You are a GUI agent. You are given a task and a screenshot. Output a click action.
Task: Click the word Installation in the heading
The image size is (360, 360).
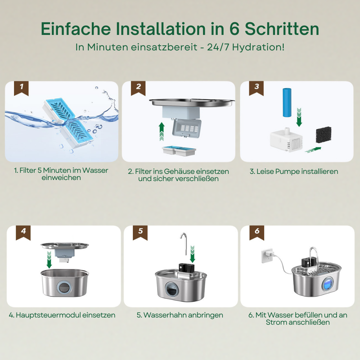click(x=160, y=29)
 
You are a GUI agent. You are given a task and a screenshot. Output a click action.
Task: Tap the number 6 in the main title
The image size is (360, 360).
click(x=234, y=29)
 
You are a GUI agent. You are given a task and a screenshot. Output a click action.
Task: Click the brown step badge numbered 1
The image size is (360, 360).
click(x=21, y=88)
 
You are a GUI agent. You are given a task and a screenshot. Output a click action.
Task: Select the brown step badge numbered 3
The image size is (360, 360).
click(x=256, y=88)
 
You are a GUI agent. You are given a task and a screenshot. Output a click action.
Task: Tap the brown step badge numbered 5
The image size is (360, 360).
click(x=140, y=233)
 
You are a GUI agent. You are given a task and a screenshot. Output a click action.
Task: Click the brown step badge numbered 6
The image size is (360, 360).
click(x=257, y=233)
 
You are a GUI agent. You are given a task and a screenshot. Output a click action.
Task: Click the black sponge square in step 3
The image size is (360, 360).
click(x=324, y=135)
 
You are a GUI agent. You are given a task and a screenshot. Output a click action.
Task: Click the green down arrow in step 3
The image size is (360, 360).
click(x=299, y=117)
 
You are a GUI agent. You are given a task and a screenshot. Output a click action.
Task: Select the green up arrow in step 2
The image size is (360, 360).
click(x=162, y=131)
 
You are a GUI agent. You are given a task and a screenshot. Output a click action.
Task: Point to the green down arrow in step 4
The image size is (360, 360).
click(x=49, y=260)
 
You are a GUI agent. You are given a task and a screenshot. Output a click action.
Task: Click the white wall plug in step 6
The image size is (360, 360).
click(x=267, y=256)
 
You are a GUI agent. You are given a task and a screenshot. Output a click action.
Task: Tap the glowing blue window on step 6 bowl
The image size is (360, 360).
click(x=328, y=284)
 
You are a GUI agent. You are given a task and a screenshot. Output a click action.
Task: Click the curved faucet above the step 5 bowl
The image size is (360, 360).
click(x=184, y=243)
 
